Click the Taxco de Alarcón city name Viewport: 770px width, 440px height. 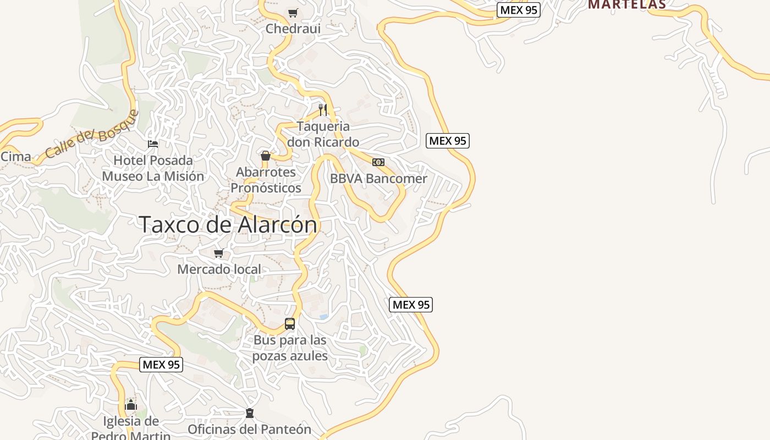pos(228,224)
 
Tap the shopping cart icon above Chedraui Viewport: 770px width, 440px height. pos(293,13)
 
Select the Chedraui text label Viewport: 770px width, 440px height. pos(293,28)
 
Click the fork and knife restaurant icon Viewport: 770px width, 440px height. pos(323,110)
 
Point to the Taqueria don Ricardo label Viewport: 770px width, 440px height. pos(323,134)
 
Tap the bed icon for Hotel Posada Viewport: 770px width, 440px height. pos(153,144)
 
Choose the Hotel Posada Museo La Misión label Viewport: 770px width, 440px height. pos(153,168)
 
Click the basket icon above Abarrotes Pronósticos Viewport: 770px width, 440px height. pos(266,156)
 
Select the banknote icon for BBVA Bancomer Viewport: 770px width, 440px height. pos(378,162)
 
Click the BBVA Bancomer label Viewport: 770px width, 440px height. pos(378,179)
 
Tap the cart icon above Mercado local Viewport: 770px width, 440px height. pos(219,254)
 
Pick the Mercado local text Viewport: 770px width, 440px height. pos(219,269)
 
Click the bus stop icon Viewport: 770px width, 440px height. pos(290,324)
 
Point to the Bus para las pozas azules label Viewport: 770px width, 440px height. pos(290,348)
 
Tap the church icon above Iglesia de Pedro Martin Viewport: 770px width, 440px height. pos(130,405)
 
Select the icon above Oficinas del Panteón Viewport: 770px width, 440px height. pos(250,413)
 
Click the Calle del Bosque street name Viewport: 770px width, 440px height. pos(92,135)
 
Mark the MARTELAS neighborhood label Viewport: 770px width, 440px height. pos(627,4)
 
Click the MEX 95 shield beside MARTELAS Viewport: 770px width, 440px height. pos(519,10)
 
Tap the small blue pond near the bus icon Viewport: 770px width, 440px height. pos(323,317)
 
